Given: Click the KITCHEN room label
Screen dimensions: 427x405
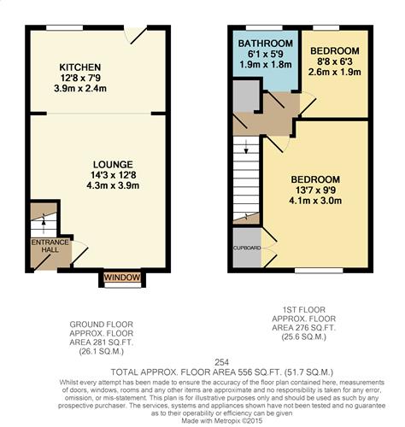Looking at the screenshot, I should point(80,67).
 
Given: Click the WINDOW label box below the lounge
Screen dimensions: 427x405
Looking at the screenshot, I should point(120,278).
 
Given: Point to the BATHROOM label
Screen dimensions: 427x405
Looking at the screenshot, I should point(266,43).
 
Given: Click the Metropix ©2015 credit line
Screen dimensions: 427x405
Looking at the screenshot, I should point(202,420).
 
